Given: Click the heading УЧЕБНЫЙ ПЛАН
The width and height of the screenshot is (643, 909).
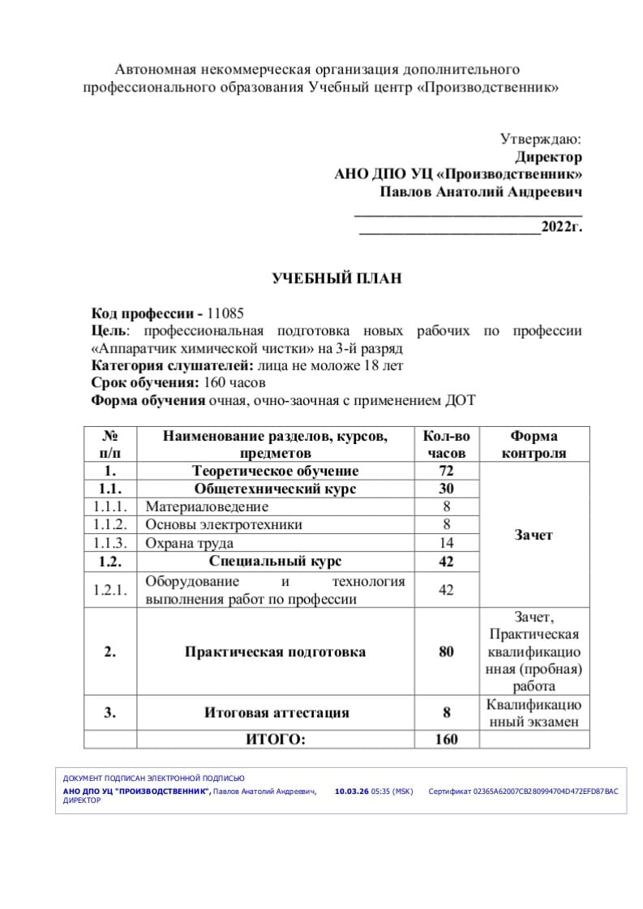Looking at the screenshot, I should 336,279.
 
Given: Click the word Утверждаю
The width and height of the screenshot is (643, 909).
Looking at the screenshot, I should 540,139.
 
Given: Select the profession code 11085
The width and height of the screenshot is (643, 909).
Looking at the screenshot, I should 225,314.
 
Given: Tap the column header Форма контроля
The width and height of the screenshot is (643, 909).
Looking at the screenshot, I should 534,445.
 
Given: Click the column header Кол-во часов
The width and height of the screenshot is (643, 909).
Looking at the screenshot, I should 447,445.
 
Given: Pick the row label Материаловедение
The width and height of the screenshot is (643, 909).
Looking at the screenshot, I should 207,507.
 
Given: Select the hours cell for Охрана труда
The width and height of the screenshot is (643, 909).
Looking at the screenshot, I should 447,544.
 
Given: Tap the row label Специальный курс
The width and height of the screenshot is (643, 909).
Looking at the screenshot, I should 275,561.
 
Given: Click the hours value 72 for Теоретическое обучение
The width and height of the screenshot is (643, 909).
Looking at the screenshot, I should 447,471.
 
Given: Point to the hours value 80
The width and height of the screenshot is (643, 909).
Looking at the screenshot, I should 447,651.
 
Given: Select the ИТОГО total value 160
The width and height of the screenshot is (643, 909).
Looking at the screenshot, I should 447,739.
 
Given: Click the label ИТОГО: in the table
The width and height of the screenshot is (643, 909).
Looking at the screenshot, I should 276,739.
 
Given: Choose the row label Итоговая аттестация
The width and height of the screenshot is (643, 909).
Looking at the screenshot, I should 276,713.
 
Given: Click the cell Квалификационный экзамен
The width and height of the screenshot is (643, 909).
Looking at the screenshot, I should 534,713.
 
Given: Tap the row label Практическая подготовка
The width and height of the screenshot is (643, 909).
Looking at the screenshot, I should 275,651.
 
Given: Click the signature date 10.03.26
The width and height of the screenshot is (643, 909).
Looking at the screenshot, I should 351,791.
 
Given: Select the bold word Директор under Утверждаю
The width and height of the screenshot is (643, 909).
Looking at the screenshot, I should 548,157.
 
